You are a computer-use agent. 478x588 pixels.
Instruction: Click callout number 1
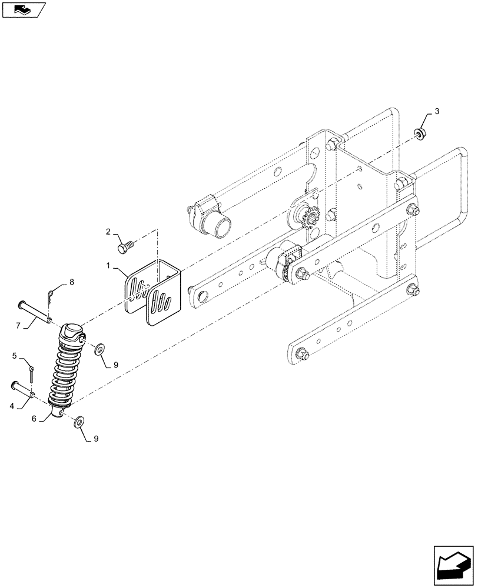[110, 266]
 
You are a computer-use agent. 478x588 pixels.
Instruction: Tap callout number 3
[436, 111]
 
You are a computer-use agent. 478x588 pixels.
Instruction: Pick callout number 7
[18, 324]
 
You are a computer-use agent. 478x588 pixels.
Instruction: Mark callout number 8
[72, 282]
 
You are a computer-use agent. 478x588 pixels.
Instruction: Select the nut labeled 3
[420, 135]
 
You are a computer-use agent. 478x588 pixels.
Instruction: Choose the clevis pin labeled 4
[24, 390]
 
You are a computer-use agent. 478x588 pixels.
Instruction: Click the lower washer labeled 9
[79, 421]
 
